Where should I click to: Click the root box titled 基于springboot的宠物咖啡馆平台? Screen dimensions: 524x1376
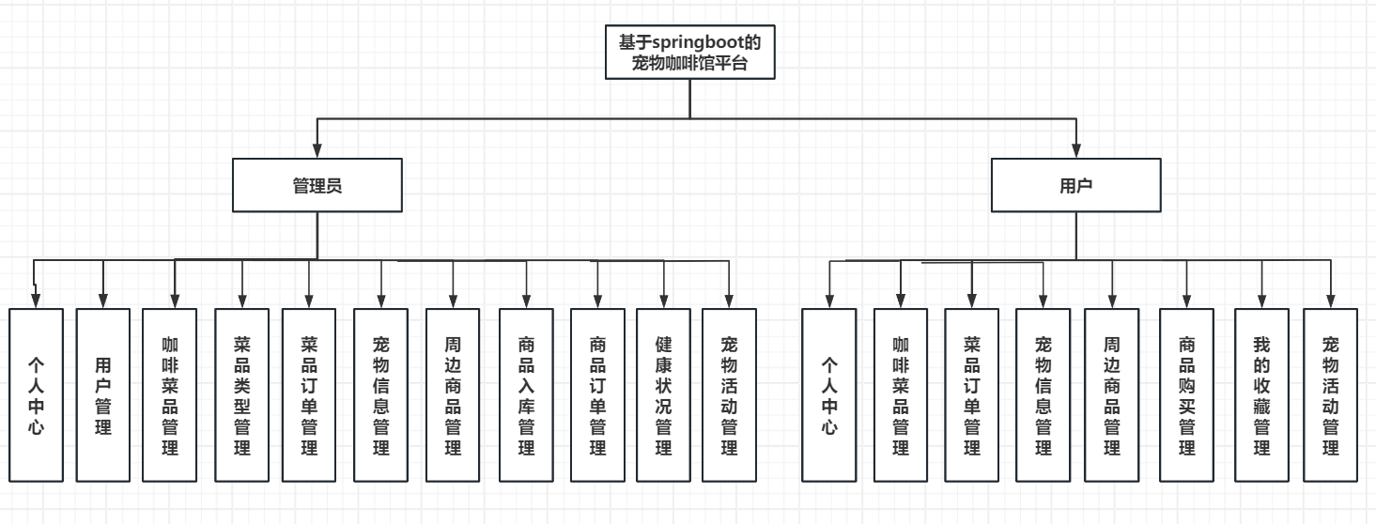coord(690,53)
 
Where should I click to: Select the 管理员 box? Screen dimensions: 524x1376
coord(317,185)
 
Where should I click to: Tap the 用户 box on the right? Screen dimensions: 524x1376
coord(1075,185)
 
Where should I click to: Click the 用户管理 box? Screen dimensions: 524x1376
coord(103,394)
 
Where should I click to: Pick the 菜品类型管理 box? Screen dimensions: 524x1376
coord(242,394)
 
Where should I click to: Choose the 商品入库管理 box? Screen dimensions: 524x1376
coord(526,394)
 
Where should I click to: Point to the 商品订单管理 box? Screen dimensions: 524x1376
coord(597,394)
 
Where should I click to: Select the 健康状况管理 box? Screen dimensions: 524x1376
coord(665,394)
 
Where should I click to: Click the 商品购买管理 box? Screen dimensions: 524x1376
coord(1186,394)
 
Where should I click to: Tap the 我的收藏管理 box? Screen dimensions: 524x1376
coord(1261,394)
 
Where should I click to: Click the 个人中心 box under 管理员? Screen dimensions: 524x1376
coord(37,394)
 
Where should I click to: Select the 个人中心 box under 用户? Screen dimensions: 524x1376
coord(829,394)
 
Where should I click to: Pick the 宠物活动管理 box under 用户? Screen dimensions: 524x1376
coord(1331,394)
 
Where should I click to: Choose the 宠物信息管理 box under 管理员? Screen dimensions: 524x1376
coord(381,394)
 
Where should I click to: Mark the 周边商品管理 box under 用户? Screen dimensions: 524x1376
coord(1112,394)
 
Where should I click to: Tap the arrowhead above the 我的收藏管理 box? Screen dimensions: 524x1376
coord(1261,300)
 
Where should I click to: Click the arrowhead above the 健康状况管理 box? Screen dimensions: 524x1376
coord(665,300)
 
